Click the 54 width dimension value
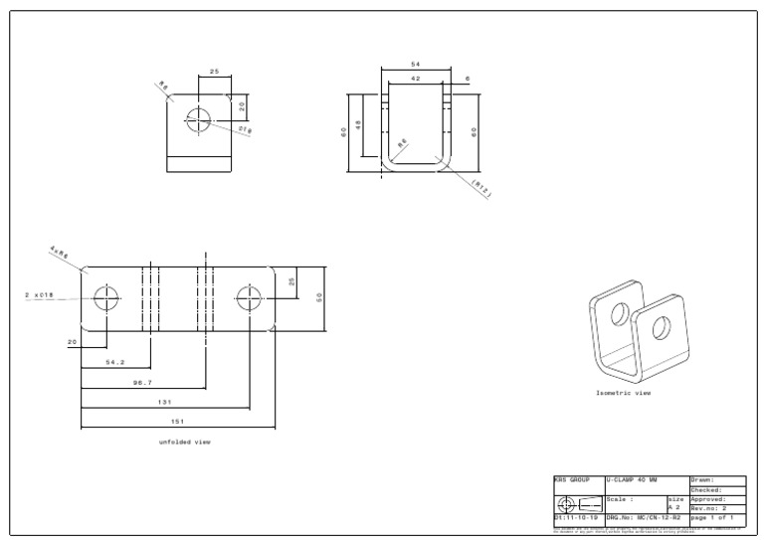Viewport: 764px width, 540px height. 415,64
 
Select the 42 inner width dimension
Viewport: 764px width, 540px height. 415,78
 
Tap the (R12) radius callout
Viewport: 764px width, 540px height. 481,188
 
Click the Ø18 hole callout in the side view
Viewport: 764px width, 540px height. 245,129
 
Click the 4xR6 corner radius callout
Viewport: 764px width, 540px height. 58,254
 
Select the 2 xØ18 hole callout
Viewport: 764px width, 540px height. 41,295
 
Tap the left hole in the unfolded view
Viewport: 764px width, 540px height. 105,296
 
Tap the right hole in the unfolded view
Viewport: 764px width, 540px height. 249,296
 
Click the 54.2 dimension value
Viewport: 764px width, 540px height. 115,362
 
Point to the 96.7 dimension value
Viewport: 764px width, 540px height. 143,382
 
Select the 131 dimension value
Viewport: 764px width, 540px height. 165,402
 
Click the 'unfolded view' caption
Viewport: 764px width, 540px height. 184,442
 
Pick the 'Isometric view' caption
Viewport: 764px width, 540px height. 624,393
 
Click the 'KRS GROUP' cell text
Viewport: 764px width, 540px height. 572,480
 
